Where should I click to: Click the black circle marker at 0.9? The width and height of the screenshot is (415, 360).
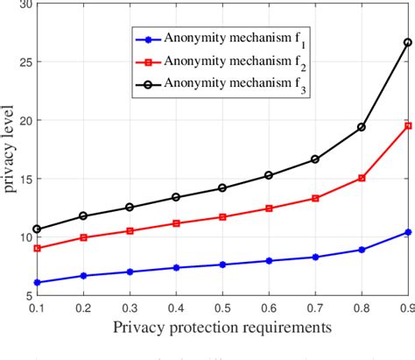(x=407, y=42)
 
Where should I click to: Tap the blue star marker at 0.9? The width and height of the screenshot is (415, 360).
(x=407, y=232)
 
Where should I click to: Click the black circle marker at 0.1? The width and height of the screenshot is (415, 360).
(x=37, y=229)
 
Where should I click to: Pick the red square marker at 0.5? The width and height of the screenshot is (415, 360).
(x=222, y=216)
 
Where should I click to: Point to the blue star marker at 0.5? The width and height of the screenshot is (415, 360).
(x=222, y=265)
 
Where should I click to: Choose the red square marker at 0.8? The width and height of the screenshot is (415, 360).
(x=361, y=178)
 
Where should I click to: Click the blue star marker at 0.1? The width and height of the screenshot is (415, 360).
(x=37, y=282)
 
